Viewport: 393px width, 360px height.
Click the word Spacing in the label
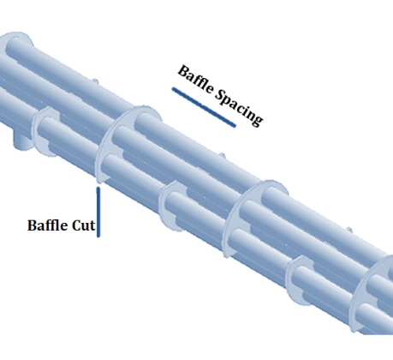coord(239,107)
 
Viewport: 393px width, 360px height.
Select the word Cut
coord(83,225)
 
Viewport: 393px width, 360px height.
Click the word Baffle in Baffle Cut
coord(48,225)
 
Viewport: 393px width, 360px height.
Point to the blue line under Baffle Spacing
coord(204,107)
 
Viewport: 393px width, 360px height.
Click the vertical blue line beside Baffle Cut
coord(98,212)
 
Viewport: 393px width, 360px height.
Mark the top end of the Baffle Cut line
coord(98,188)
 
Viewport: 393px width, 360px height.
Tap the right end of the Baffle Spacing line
coord(235,125)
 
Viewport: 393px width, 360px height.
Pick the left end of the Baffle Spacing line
coord(173,88)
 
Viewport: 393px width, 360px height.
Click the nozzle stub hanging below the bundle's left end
coord(23,141)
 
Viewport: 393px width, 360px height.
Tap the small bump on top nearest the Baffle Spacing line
coord(222,156)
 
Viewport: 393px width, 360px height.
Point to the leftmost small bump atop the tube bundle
coord(95,81)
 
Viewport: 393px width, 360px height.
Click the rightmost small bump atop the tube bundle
coord(348,230)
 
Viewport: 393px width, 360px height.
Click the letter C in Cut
coord(76,225)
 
